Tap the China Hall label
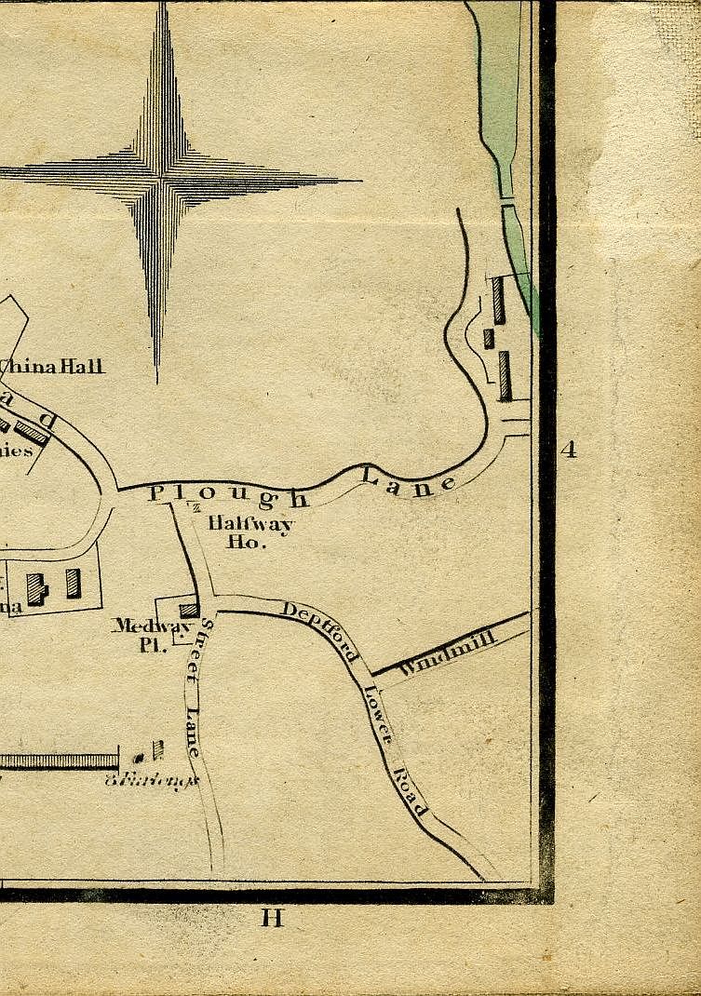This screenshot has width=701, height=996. [56, 366]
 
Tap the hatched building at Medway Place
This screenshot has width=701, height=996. [189, 611]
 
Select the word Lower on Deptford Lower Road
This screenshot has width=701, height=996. [378, 715]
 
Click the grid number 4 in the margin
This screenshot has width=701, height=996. [569, 451]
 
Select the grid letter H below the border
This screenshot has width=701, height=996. [272, 919]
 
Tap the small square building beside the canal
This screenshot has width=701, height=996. [489, 338]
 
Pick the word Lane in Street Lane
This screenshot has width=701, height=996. [193, 732]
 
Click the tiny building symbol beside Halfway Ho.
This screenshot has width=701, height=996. [196, 507]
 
